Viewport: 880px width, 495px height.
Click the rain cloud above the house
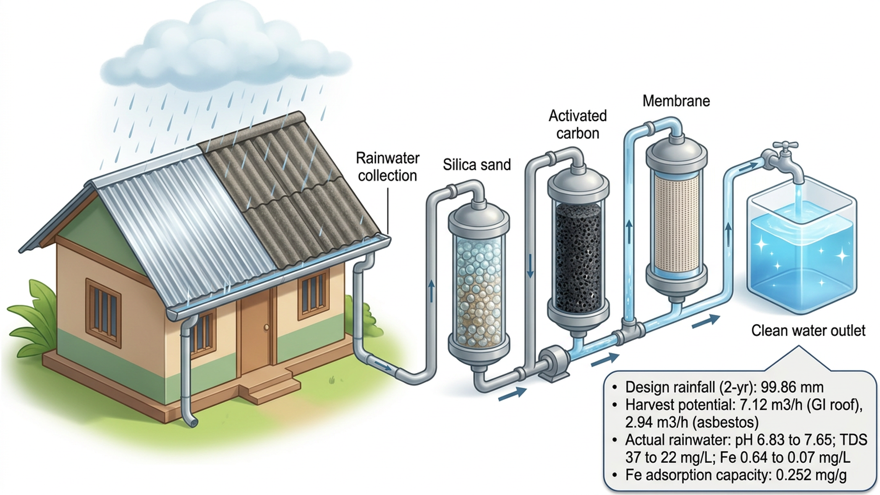[225, 50]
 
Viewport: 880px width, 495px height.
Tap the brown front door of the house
[256, 335]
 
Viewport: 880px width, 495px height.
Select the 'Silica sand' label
[477, 165]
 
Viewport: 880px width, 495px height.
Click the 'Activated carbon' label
[577, 124]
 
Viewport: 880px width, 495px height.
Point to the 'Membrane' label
[676, 101]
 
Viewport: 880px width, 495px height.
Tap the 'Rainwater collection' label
[388, 167]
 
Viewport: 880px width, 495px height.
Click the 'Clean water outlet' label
[808, 330]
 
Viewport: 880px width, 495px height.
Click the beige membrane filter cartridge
[676, 222]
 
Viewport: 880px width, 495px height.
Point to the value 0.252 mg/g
[811, 475]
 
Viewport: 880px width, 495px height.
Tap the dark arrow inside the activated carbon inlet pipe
[530, 266]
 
